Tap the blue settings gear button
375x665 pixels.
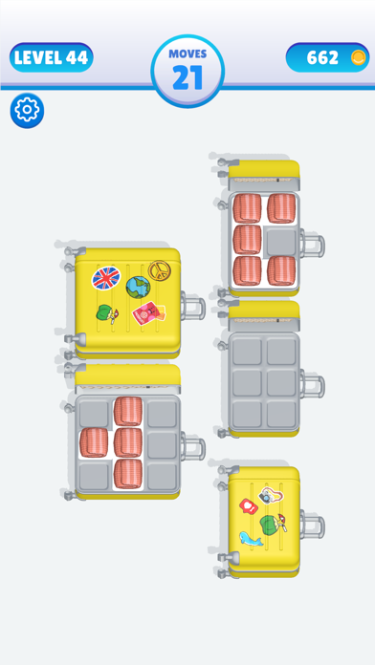pyautogui.click(x=27, y=110)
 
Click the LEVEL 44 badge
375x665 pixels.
pyautogui.click(x=52, y=57)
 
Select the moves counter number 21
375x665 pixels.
pyautogui.click(x=187, y=77)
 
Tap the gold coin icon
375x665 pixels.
pyautogui.click(x=359, y=57)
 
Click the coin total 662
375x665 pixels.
pyautogui.click(x=322, y=57)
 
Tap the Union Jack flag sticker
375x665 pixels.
pyautogui.click(x=106, y=278)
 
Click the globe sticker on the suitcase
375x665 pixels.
pyautogui.click(x=138, y=288)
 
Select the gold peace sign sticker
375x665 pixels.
pyautogui.click(x=157, y=270)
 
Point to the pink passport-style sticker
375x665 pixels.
pyautogui.click(x=148, y=313)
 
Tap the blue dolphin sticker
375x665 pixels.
pyautogui.click(x=251, y=539)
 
